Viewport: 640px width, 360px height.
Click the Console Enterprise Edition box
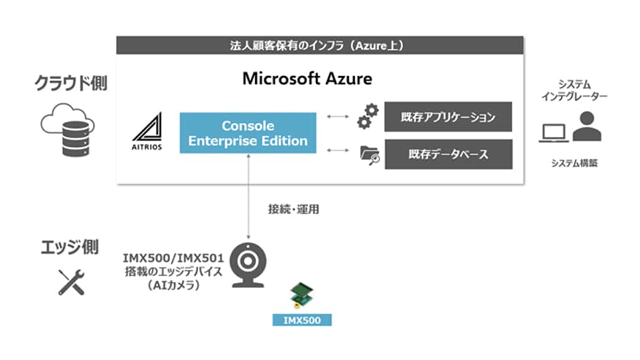(248, 133)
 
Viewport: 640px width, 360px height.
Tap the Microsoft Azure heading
(307, 78)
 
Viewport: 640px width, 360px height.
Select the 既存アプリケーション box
(448, 118)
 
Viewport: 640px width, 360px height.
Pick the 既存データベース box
(448, 154)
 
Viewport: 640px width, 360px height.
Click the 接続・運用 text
(293, 210)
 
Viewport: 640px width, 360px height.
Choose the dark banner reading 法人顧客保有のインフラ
(320, 46)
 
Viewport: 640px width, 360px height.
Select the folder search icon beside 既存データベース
(369, 156)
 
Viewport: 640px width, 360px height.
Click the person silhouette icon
(586, 127)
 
